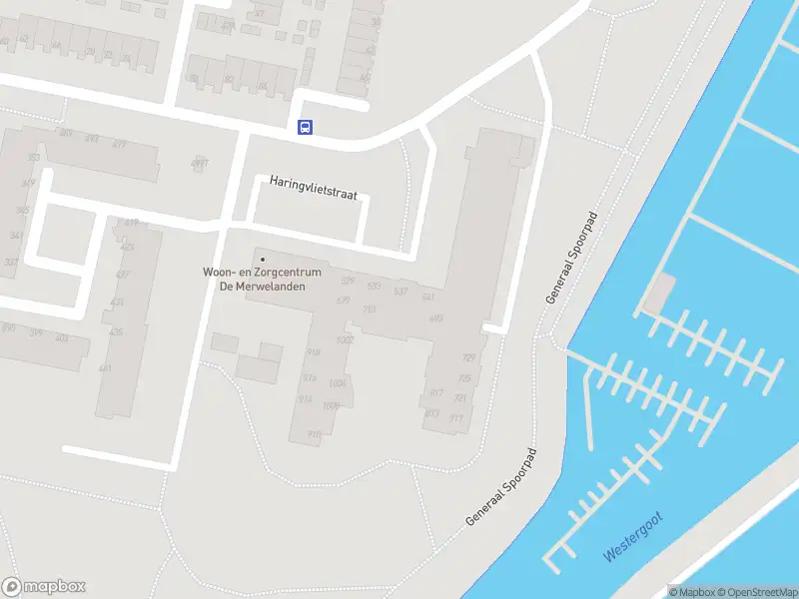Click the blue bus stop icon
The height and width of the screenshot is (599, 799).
pyautogui.click(x=305, y=127)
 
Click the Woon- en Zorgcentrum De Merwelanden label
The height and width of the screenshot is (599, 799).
pyautogui.click(x=263, y=278)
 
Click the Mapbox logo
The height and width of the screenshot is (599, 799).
pyautogui.click(x=43, y=587)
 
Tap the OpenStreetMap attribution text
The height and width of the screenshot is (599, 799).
pyautogui.click(x=760, y=592)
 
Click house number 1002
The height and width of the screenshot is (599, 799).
pyautogui.click(x=346, y=340)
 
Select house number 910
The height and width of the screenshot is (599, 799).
pyautogui.click(x=314, y=434)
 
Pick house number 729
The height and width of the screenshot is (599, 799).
pyautogui.click(x=468, y=357)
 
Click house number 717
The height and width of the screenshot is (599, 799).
pyautogui.click(x=456, y=418)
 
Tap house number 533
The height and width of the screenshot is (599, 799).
pyautogui.click(x=374, y=287)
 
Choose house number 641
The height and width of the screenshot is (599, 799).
pyautogui.click(x=428, y=298)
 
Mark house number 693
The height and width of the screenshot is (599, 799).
pyautogui.click(x=435, y=319)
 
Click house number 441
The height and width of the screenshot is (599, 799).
pyautogui.click(x=105, y=368)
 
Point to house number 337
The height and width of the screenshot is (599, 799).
pyautogui.click(x=11, y=263)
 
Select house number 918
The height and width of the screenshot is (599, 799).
pyautogui.click(x=313, y=352)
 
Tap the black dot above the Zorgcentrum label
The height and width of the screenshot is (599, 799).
pyautogui.click(x=263, y=260)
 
